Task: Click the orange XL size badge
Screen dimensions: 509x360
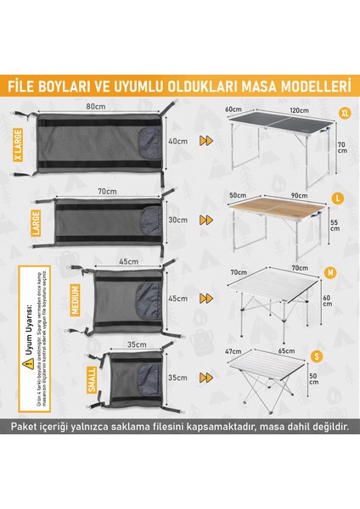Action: click(344, 113)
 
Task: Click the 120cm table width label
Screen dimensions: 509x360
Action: click(297, 111)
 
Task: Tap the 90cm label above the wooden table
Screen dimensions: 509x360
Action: click(299, 195)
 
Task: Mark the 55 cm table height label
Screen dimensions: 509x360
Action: click(335, 223)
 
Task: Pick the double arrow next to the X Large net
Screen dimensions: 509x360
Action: click(205, 142)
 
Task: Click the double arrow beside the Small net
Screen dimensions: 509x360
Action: click(205, 376)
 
